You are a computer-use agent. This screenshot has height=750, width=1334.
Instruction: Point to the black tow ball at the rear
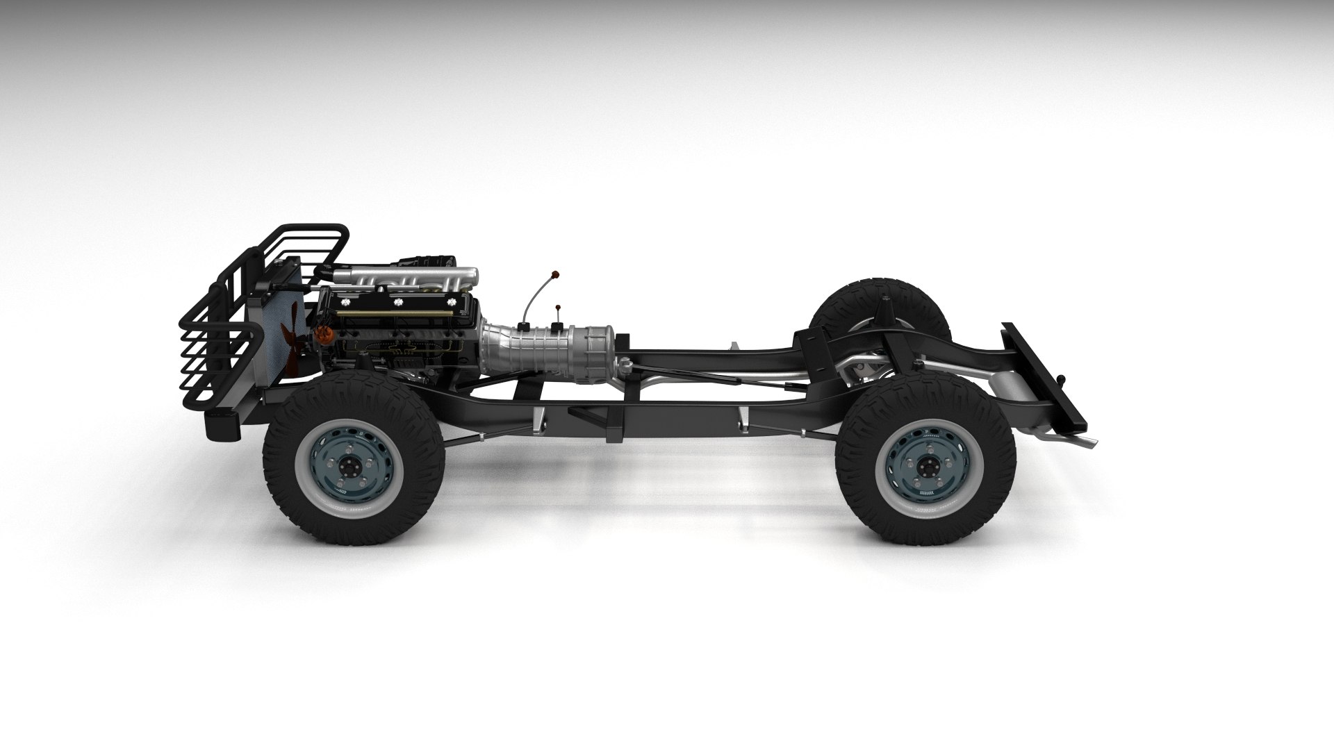[x=1061, y=379]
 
